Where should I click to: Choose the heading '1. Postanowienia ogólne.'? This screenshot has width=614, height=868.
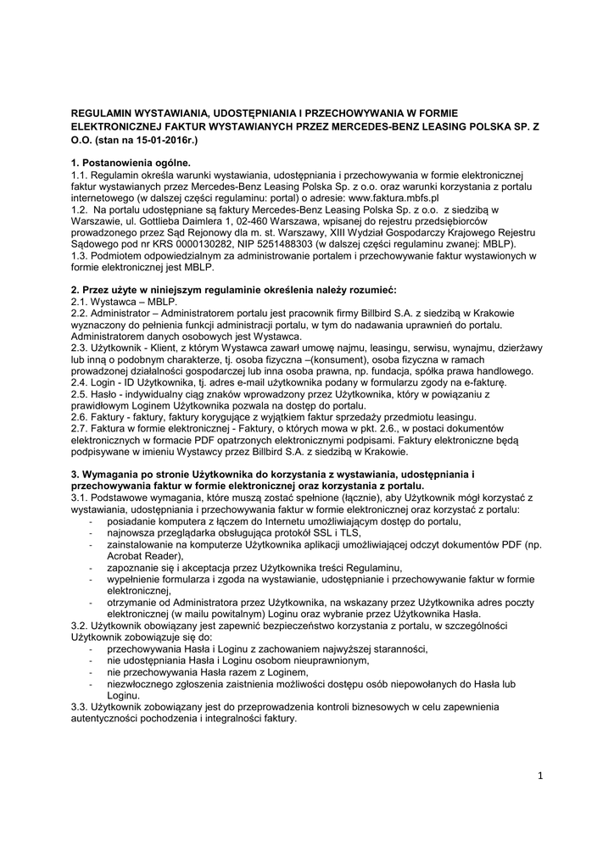click(x=131, y=161)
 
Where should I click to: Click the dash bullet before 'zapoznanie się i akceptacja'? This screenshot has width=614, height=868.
click(x=91, y=567)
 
